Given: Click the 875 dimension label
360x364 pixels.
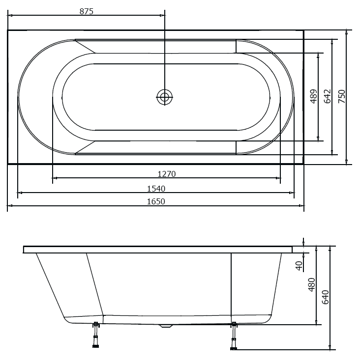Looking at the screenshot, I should coord(86,11).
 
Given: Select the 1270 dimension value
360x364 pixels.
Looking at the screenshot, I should coord(166,174).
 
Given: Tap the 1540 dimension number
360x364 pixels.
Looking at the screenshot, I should coord(156,189).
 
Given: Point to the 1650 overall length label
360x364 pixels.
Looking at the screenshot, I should coord(156,201).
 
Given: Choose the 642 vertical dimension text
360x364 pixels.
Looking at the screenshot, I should coord(328,96).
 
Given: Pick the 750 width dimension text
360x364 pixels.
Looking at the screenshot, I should coord(342,96).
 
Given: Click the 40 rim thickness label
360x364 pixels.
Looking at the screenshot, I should coord(299,265).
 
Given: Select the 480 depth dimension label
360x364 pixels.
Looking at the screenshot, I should coord(311,285).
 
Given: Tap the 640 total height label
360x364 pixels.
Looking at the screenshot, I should coord(325,298).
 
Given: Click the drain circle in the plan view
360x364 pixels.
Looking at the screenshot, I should coord(165,97).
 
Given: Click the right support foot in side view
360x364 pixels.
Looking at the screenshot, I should coord(234,336).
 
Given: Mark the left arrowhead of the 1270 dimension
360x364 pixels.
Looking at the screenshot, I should coord(55,178).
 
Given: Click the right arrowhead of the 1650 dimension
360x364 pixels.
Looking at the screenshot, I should coord(301,205).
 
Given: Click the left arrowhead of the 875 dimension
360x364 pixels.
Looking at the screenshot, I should coord(10,15).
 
